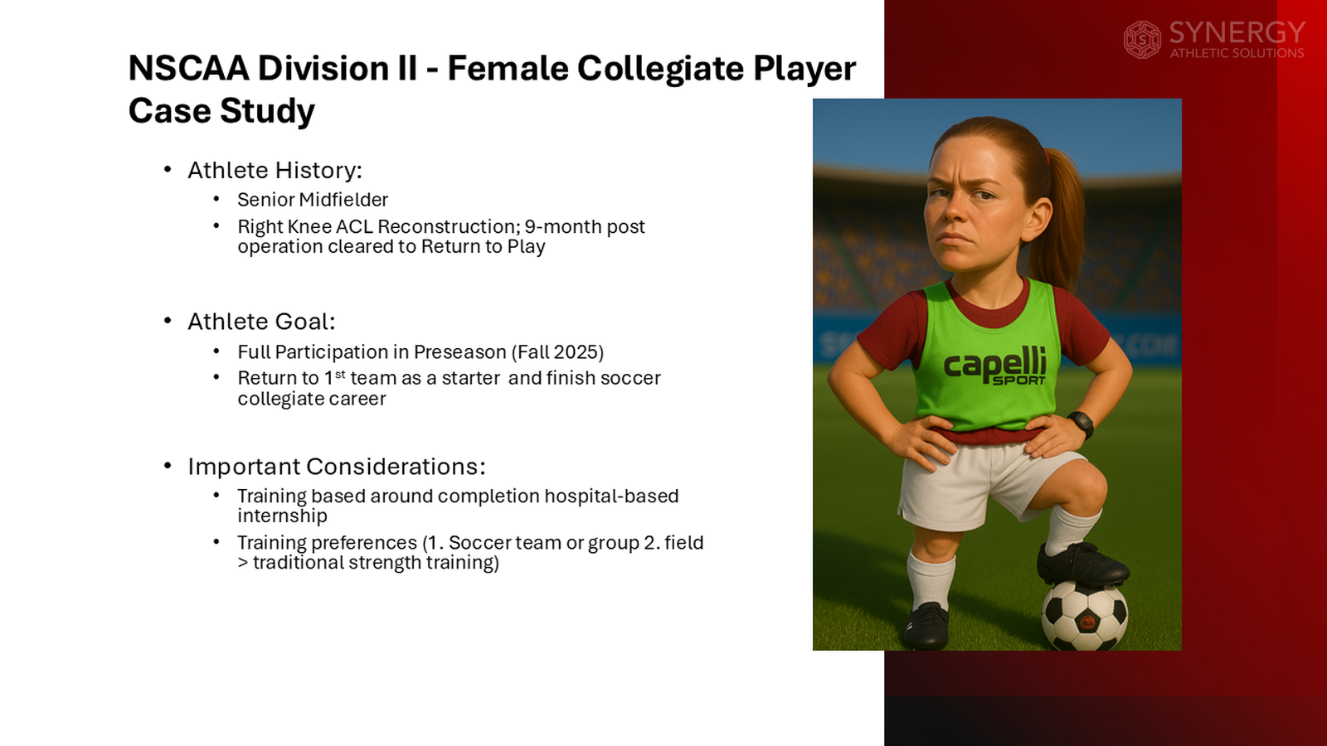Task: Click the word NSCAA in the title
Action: [188, 69]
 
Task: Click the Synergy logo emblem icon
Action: [1142, 40]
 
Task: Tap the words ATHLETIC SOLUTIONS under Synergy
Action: [1237, 53]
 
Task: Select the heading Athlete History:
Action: [275, 170]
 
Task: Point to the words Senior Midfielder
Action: [313, 200]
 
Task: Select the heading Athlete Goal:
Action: [261, 322]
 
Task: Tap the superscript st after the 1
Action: [340, 375]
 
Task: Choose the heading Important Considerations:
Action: [336, 467]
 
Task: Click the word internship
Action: [282, 516]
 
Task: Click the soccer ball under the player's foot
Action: [1084, 616]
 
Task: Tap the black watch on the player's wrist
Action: [1081, 423]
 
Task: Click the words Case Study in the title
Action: [221, 111]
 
